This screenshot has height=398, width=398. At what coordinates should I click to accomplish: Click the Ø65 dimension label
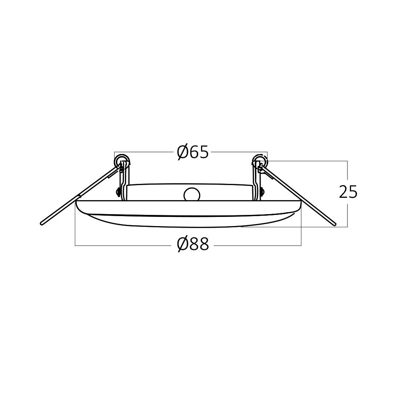(x=193, y=152)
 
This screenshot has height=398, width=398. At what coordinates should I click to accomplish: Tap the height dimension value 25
(x=348, y=192)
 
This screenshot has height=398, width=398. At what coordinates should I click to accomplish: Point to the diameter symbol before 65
(x=182, y=152)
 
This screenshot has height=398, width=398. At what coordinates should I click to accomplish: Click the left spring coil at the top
(x=122, y=162)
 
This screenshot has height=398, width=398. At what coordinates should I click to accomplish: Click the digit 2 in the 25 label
(x=343, y=192)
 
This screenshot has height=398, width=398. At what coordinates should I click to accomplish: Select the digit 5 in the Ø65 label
(x=203, y=152)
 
